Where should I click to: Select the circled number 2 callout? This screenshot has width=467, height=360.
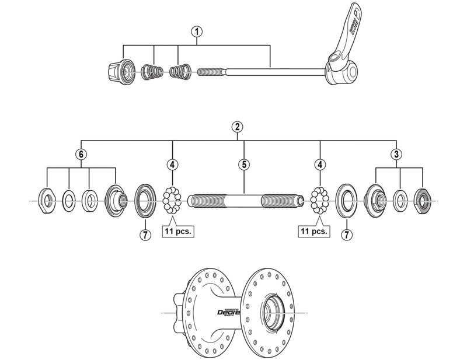[x=237, y=127]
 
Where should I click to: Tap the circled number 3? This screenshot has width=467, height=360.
[x=396, y=154]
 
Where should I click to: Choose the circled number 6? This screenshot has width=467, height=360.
[x=82, y=154]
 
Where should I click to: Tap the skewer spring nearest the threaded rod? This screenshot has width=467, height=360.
[x=180, y=73]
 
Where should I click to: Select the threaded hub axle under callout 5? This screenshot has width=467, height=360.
[x=245, y=201]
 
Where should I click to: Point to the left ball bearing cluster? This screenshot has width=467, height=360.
[x=172, y=200]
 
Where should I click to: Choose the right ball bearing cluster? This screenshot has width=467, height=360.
[x=320, y=200]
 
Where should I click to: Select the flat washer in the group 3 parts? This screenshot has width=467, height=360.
[x=400, y=200]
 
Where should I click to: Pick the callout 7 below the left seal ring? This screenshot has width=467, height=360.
[x=143, y=235]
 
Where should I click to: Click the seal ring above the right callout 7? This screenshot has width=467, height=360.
[x=348, y=200]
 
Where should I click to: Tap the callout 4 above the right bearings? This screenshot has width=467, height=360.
[x=320, y=165]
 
